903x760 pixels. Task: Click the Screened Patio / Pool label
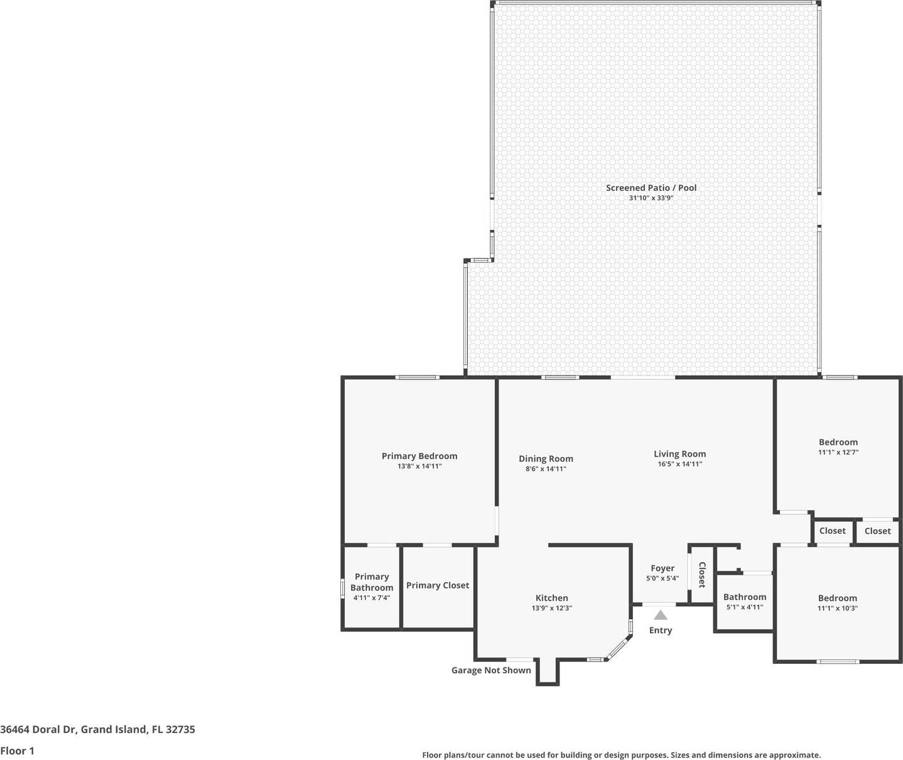pos(651,188)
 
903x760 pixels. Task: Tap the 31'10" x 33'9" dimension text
pos(651,198)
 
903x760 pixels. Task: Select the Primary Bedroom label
pos(419,456)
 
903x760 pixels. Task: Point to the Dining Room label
pos(546,459)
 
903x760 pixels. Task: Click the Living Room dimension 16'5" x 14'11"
pos(679,464)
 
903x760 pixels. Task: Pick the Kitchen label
pos(551,598)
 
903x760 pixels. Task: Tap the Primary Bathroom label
pos(372,582)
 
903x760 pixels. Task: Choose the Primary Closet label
pos(438,585)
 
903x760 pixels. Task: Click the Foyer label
pos(662,568)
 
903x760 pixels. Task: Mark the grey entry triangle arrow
pos(661,616)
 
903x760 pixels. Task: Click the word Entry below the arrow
pos(661,630)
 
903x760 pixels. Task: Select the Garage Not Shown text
pos(491,670)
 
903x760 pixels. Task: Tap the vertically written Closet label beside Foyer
pos(702,575)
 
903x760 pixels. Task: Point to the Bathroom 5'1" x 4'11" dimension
pos(745,607)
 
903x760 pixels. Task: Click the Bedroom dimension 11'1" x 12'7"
pos(838,452)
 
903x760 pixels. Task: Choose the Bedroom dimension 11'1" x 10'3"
pos(838,608)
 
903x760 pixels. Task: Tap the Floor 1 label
pos(17,751)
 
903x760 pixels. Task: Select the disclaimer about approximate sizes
pos(621,755)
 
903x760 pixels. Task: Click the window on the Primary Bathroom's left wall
pos(343,588)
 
